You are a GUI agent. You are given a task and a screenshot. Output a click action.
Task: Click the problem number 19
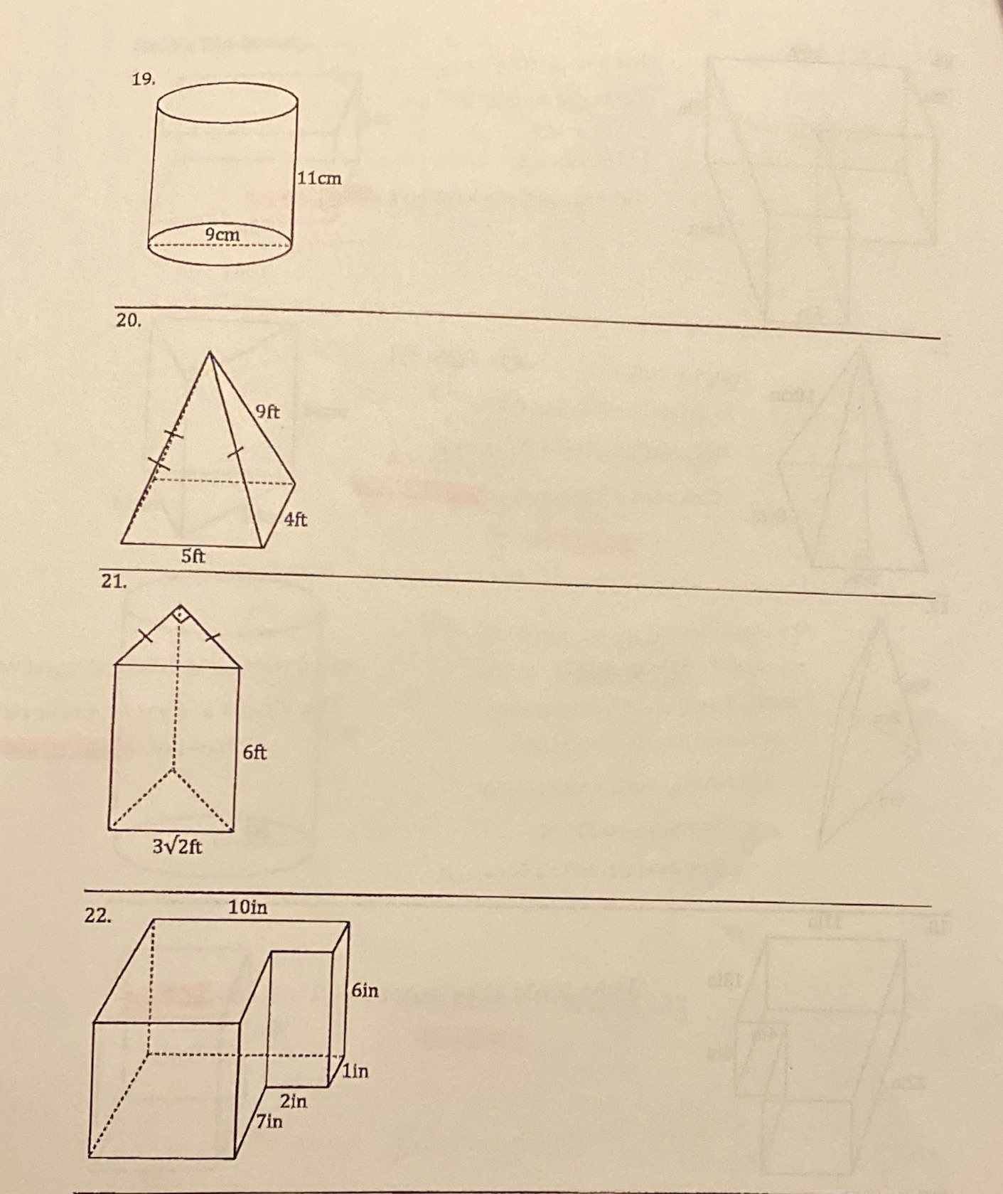(142, 79)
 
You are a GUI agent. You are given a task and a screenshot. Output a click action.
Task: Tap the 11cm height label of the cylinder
(319, 178)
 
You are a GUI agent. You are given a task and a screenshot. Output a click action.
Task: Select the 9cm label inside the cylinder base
(222, 233)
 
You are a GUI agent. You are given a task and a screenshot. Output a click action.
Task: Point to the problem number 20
(129, 320)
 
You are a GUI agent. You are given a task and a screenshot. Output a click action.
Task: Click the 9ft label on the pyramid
(267, 411)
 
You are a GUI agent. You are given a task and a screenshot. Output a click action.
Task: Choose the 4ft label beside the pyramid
(296, 519)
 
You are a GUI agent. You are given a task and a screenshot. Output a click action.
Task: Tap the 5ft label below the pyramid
(193, 555)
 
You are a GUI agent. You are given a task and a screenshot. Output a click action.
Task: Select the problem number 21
(114, 581)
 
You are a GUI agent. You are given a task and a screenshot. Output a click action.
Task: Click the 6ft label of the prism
(255, 752)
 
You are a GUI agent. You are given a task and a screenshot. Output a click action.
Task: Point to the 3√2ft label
(177, 846)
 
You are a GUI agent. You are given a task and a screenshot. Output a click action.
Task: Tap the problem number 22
(98, 916)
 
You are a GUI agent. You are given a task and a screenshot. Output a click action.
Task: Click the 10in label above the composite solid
(248, 907)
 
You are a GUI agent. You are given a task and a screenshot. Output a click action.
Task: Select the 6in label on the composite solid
(365, 990)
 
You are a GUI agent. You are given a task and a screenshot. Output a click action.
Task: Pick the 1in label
(355, 1071)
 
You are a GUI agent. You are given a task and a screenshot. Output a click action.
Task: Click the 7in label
(269, 1121)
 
